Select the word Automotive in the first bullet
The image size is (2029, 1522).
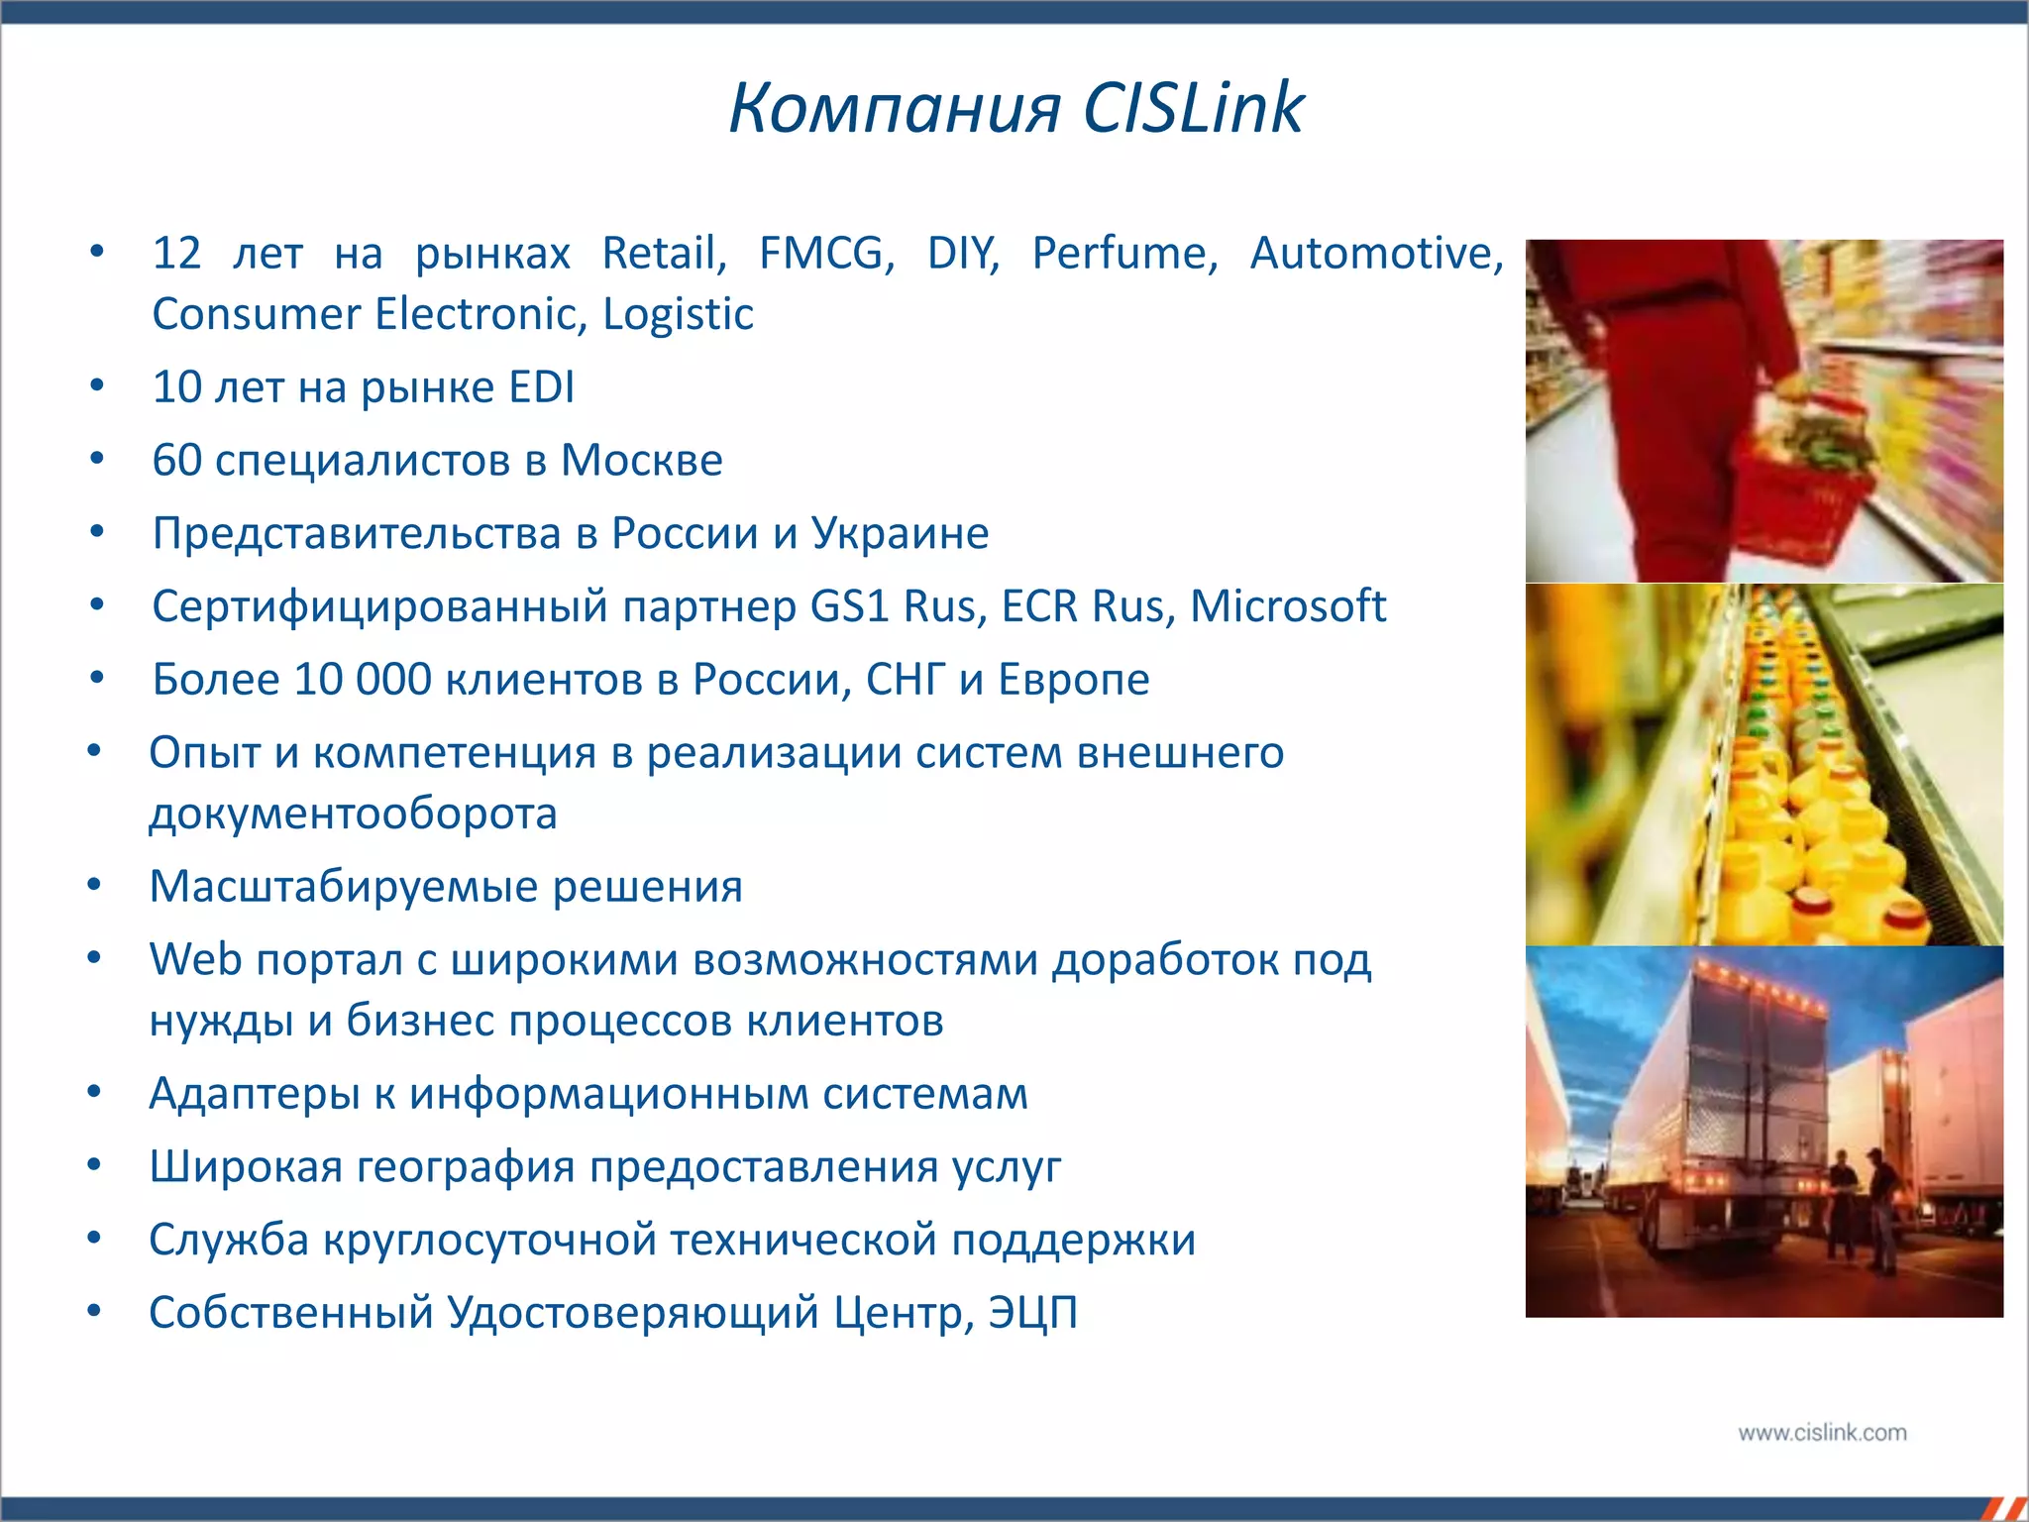tap(1376, 254)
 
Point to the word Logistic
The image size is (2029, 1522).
tap(678, 315)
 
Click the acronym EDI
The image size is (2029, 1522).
tap(541, 387)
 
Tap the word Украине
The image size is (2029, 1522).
tap(900, 534)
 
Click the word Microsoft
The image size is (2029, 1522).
tap(1287, 606)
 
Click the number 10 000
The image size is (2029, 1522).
tap(363, 680)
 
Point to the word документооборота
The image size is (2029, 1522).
tap(353, 815)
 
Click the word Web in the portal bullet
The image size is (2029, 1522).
tap(195, 960)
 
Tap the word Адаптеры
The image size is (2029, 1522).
tap(254, 1094)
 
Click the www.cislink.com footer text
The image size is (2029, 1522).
tap(1821, 1433)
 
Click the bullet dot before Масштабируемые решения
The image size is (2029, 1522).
tap(94, 885)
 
